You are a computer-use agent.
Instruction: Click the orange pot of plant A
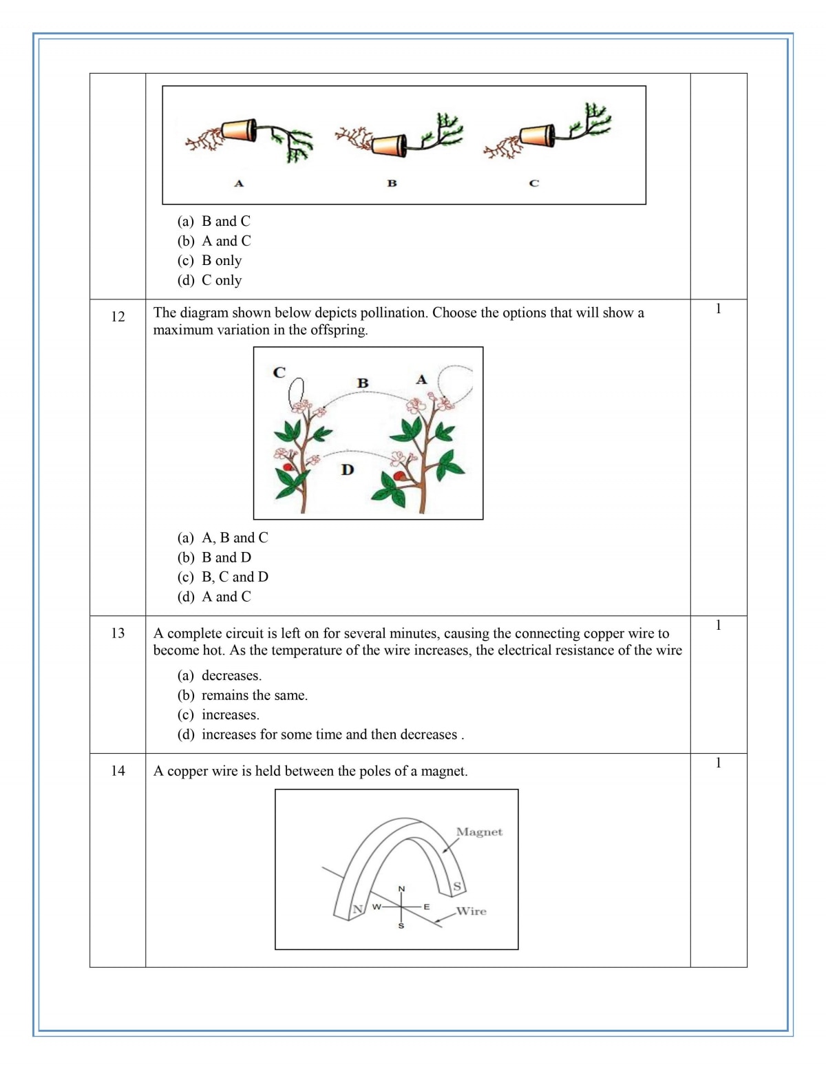tap(238, 129)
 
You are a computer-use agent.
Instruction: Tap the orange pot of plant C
tap(537, 135)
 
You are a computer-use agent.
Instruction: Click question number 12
tap(118, 317)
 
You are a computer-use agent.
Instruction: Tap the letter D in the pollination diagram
tap(348, 470)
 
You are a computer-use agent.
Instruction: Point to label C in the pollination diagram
tap(279, 372)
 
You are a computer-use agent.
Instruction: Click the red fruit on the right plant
tap(399, 476)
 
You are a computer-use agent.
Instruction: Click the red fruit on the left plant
tap(288, 467)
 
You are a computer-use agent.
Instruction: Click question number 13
tap(118, 633)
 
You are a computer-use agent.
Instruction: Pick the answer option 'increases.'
tap(230, 715)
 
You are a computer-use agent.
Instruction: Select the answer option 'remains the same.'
tap(254, 695)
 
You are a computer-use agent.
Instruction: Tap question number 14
tap(118, 771)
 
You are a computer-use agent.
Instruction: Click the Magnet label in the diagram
tap(479, 832)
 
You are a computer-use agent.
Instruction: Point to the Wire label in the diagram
tap(472, 911)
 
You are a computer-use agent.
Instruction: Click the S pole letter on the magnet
tap(456, 887)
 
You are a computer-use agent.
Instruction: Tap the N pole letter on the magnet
tap(357, 909)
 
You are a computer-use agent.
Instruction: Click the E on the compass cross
tap(427, 907)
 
